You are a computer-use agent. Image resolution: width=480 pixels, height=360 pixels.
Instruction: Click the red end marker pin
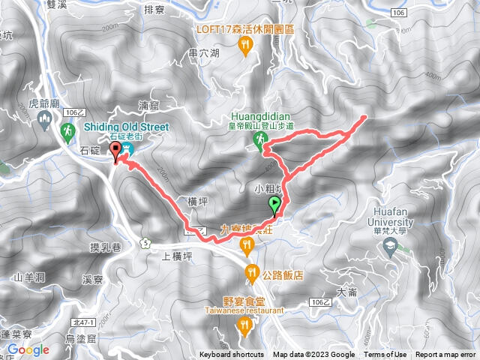click(x=115, y=153)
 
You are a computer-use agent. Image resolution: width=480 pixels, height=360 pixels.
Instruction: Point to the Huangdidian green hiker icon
click(x=259, y=140)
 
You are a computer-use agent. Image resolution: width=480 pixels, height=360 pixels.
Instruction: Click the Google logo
click(x=28, y=349)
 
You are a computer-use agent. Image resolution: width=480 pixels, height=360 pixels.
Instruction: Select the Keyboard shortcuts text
click(x=232, y=355)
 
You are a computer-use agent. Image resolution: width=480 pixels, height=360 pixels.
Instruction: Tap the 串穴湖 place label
click(x=204, y=53)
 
